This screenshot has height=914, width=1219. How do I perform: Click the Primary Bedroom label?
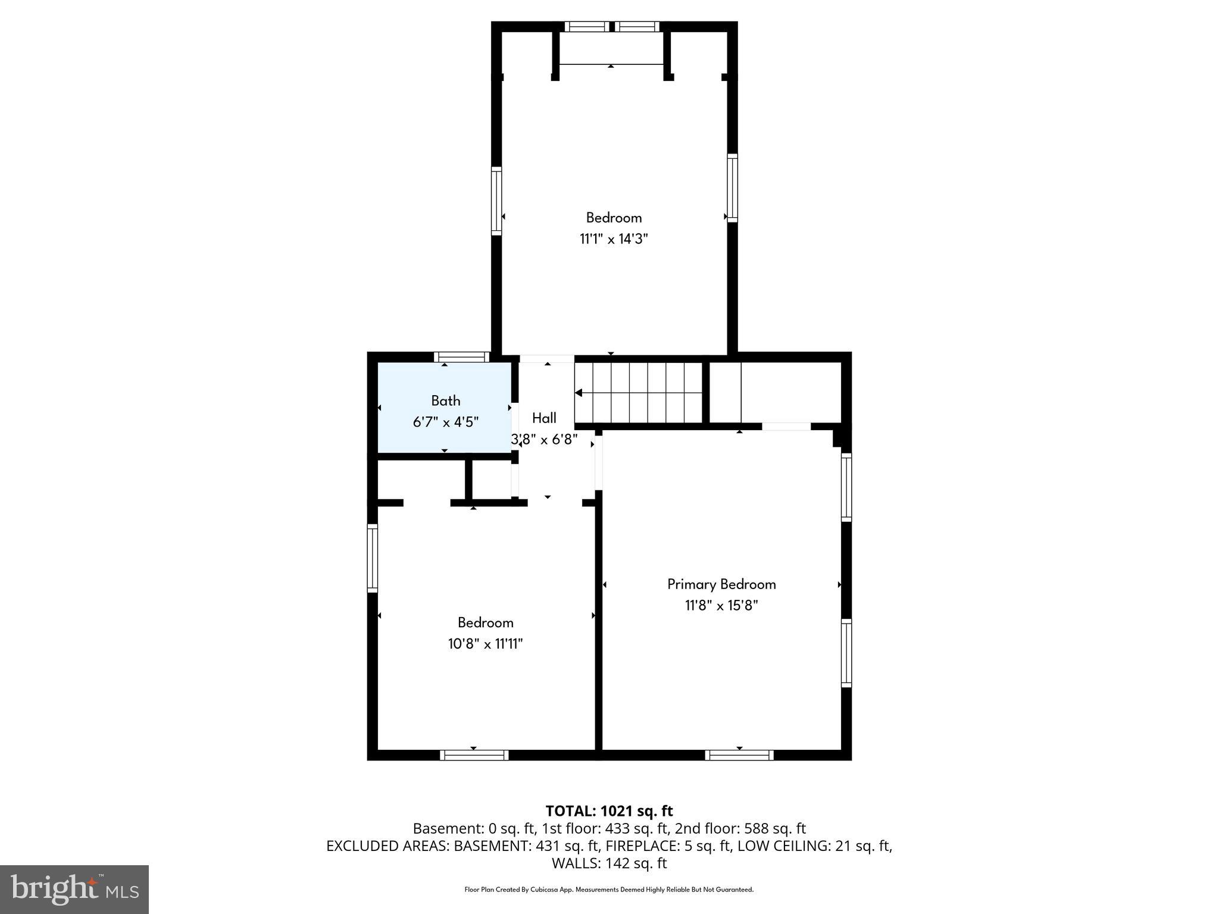(x=721, y=584)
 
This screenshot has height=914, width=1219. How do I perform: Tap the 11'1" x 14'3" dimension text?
(x=614, y=239)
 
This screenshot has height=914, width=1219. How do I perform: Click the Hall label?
(x=544, y=418)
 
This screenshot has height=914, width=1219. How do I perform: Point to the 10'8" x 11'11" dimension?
(x=485, y=644)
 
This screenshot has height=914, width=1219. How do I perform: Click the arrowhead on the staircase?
(x=579, y=393)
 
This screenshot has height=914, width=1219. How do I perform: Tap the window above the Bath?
(x=461, y=357)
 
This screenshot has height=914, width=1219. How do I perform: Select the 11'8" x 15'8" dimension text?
(x=721, y=606)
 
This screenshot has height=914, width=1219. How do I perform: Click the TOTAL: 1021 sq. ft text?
(x=609, y=811)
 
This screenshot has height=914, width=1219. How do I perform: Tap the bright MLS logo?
(x=74, y=889)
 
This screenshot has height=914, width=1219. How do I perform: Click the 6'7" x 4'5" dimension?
(x=446, y=422)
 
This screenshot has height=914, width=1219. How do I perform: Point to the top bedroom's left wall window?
(x=496, y=201)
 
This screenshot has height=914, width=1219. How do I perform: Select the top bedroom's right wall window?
(x=732, y=188)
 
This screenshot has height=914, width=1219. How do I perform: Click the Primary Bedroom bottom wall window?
(x=739, y=755)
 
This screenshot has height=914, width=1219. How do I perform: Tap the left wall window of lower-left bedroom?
(x=373, y=558)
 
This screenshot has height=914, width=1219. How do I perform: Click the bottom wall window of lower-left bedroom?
(x=474, y=755)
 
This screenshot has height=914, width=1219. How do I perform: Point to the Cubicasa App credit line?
(x=609, y=890)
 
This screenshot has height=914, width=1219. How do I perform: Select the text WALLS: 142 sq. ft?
(x=609, y=863)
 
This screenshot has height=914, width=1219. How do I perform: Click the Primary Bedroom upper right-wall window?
(x=846, y=487)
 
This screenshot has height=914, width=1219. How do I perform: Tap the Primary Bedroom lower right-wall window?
(x=846, y=653)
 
